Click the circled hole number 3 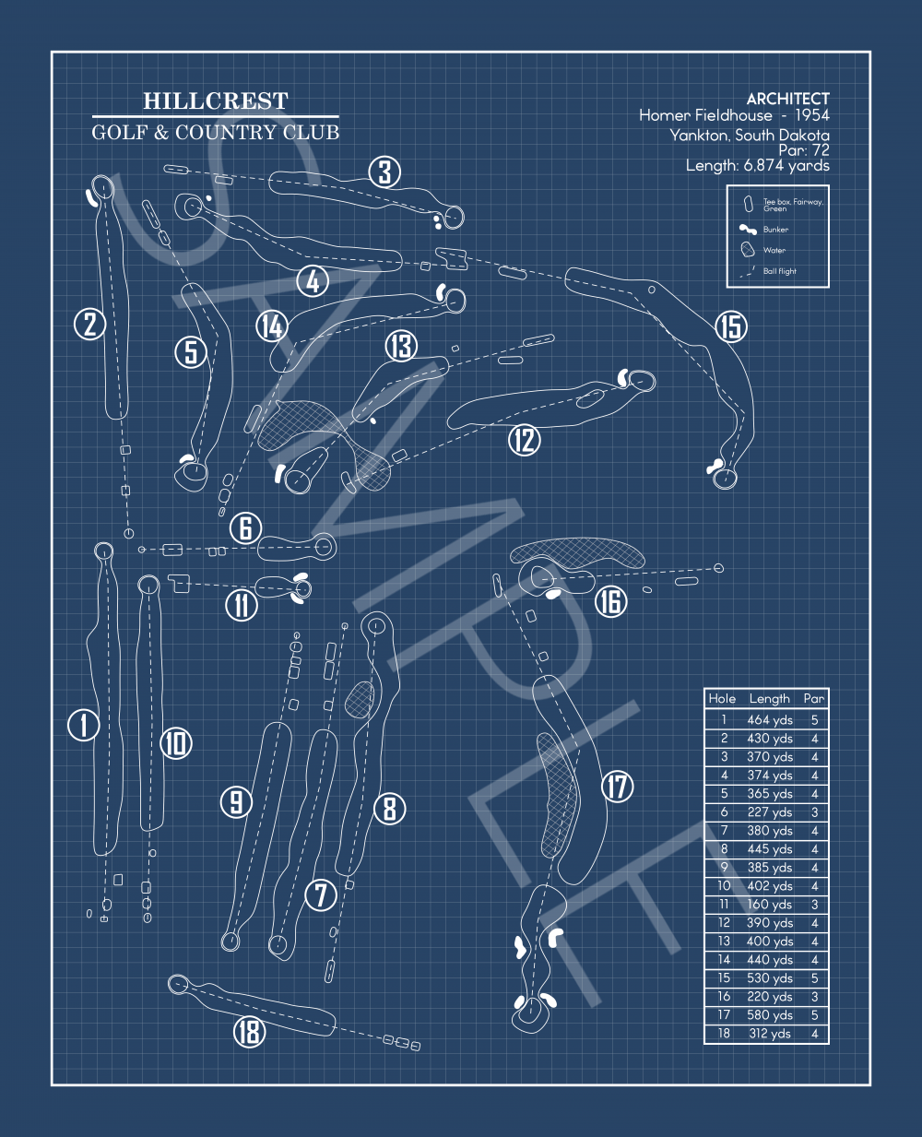385,172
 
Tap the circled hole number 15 730,326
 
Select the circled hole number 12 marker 525,440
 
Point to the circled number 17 617,787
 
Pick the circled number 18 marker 249,1032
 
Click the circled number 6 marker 246,527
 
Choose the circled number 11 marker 242,605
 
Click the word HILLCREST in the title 216,101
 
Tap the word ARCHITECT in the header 787,99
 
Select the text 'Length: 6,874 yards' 757,166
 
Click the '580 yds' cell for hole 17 770,1015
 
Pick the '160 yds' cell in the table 770,905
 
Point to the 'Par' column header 813,699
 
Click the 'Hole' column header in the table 722,699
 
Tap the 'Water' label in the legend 774,250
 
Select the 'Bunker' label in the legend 775,230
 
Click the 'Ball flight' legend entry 779,271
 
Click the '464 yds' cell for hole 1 770,720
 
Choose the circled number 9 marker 236,801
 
